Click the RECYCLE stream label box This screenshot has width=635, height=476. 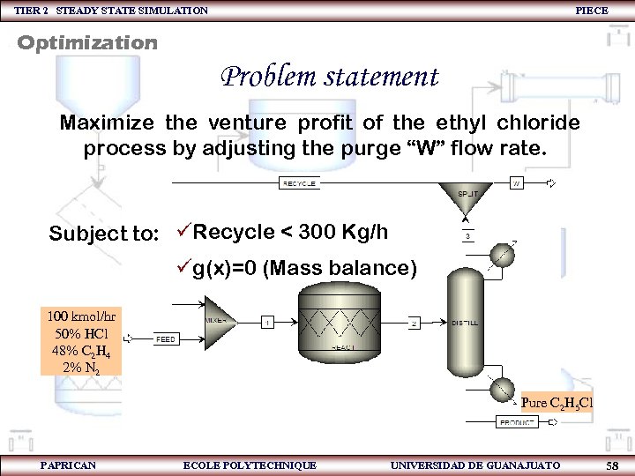point(300,183)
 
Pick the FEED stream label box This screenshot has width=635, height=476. point(166,338)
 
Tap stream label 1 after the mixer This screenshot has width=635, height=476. point(267,323)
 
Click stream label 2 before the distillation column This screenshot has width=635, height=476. point(415,323)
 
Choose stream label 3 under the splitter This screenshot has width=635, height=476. point(467,235)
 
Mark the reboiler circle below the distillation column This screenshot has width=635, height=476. point(504,389)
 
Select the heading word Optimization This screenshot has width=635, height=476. point(87,42)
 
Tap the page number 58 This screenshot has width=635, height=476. point(611,465)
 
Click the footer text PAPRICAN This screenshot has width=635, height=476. point(68,465)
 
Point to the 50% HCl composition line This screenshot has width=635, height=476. point(81,332)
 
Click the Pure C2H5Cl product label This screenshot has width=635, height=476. point(557,403)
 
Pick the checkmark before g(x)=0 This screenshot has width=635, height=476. point(183,266)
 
